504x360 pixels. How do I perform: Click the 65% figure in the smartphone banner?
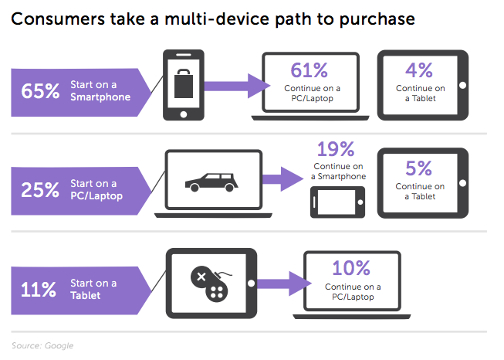point(40,90)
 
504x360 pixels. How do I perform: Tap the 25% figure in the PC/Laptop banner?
point(40,189)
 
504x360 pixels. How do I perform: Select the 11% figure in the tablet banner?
point(39,289)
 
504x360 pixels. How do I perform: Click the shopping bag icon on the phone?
point(184,83)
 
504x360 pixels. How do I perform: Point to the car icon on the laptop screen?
point(211,182)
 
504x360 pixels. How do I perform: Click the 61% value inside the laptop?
point(310,70)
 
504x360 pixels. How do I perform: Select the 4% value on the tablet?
point(419,70)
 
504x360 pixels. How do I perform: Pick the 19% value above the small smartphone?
point(336,149)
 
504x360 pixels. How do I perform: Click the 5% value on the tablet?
point(418,168)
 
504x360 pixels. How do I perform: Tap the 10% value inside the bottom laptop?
point(351,268)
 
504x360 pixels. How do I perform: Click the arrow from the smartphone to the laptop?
point(237,86)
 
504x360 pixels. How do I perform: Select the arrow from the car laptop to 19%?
point(282,179)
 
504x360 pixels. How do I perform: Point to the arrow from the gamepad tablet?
point(284,284)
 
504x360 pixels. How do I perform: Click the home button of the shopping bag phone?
point(184,114)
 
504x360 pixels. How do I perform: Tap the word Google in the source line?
point(59,345)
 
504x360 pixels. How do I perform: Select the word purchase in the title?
point(377,19)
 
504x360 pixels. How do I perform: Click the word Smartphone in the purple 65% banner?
point(100,97)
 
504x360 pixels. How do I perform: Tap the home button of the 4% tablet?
point(463,85)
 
